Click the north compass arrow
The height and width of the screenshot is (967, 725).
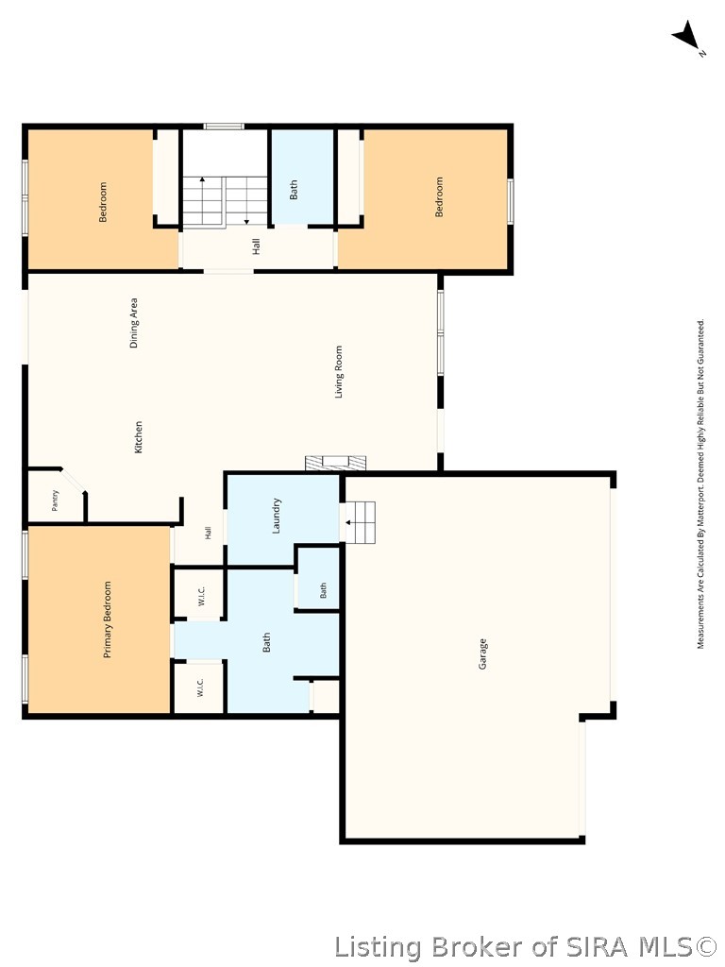coord(687,36)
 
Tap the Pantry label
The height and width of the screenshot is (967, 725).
coord(55,500)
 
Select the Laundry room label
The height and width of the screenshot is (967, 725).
coord(277,516)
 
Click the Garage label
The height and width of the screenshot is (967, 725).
coord(482,653)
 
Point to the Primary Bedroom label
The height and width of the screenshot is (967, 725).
coord(108,619)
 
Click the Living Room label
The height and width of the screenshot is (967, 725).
coord(339,371)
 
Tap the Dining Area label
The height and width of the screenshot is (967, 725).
coord(134,323)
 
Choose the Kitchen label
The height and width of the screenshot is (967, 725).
coord(138,437)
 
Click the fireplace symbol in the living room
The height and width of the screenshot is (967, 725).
coord(336,463)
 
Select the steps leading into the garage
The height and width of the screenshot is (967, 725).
coord(358,521)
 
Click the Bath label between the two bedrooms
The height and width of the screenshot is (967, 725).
coord(294,189)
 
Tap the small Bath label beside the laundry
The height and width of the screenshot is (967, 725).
coord(323,590)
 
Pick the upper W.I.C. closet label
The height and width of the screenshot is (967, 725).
coord(202,596)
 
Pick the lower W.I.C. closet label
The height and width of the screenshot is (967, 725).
coord(200,687)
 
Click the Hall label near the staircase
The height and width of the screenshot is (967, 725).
coord(256,246)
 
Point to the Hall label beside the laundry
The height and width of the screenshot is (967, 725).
coord(208,533)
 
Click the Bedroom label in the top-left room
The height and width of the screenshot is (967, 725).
coord(102,202)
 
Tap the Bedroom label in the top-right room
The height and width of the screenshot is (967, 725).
coord(439,196)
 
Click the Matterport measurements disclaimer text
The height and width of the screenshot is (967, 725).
coord(700,483)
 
